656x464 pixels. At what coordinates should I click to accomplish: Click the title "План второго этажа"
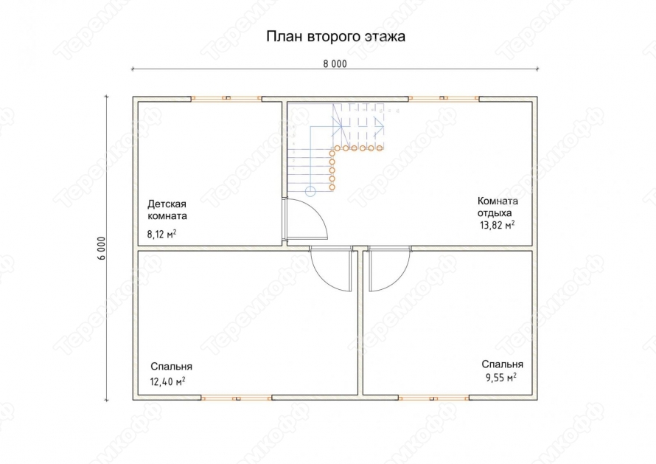pyautogui.click(x=335, y=36)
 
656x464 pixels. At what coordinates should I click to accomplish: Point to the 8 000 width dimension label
pyautogui.click(x=335, y=64)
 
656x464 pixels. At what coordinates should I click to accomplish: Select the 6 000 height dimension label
pyautogui.click(x=102, y=249)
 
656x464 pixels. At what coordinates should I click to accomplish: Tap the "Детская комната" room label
pyautogui.click(x=167, y=210)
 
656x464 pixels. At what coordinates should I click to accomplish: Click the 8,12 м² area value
pyautogui.click(x=161, y=234)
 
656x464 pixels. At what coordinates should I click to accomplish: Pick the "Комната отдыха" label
pyautogui.click(x=498, y=207)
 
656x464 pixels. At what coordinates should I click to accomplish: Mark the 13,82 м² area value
pyautogui.click(x=497, y=225)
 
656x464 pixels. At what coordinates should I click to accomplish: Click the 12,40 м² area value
pyautogui.click(x=168, y=381)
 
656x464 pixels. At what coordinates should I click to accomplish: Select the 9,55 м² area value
pyautogui.click(x=500, y=377)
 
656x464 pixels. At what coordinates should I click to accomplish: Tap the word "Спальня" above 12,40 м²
pyautogui.click(x=171, y=367)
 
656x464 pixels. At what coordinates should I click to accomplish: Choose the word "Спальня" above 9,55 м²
pyautogui.click(x=502, y=364)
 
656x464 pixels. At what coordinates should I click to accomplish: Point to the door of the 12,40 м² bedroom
pyautogui.click(x=331, y=269)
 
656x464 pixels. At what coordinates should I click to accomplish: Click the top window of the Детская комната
pyautogui.click(x=227, y=98)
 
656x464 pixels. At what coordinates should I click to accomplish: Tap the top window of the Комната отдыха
pyautogui.click(x=444, y=98)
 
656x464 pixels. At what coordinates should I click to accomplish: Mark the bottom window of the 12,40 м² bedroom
pyautogui.click(x=237, y=398)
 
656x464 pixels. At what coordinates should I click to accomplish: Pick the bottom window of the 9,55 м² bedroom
pyautogui.click(x=434, y=398)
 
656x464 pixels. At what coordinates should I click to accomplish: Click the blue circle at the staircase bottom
pyautogui.click(x=310, y=192)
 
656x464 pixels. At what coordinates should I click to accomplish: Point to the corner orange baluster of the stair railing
pyautogui.click(x=337, y=148)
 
